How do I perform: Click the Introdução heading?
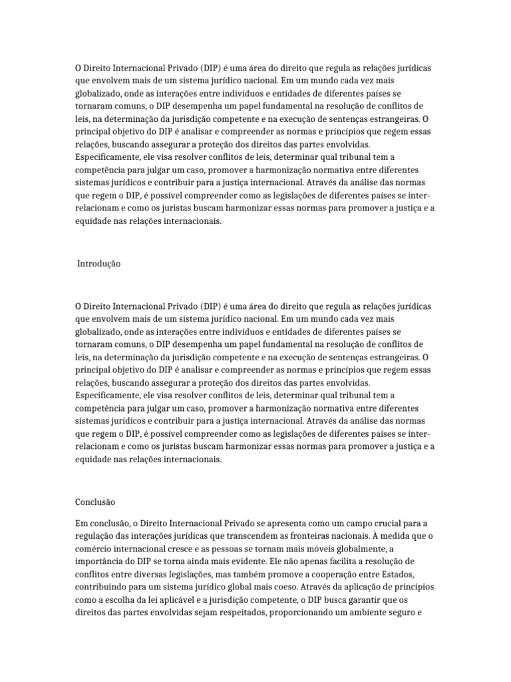pos(100,264)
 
